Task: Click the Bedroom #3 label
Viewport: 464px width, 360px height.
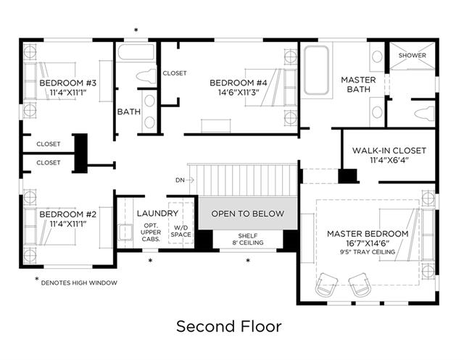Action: [67, 83]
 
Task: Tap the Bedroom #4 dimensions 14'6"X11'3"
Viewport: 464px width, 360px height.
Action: [239, 93]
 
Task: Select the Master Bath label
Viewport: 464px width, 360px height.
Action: [358, 85]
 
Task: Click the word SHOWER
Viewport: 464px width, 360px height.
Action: [413, 55]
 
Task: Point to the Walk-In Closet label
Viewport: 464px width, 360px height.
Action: [389, 151]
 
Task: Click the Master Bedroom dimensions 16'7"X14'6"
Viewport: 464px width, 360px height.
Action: [368, 243]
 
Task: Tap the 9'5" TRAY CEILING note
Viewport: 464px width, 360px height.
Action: [368, 252]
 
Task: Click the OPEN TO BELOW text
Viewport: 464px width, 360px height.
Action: [248, 214]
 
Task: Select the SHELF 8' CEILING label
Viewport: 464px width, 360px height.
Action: [248, 239]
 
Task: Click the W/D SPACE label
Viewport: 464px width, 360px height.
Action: [181, 231]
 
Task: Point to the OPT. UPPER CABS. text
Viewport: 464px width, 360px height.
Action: [151, 233]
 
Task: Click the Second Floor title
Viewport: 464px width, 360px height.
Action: [229, 326]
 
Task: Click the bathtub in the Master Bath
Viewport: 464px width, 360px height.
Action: [316, 70]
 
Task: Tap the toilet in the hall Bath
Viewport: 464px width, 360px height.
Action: [146, 76]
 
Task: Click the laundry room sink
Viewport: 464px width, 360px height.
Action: [125, 233]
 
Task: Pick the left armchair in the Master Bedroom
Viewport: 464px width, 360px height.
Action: [326, 285]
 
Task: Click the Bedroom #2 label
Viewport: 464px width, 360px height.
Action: [67, 214]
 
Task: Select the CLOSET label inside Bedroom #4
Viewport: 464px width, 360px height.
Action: [175, 73]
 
